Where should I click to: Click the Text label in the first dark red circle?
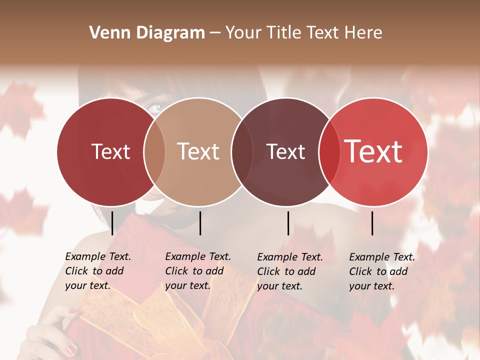tap(110, 152)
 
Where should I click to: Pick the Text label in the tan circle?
tap(198, 152)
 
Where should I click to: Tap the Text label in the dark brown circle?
tap(285, 152)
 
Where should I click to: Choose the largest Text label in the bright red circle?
tap(373, 151)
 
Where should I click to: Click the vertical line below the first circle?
tap(112, 223)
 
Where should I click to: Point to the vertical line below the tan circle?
tap(200, 223)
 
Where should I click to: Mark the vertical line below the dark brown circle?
tap(288, 223)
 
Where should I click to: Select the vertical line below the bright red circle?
tap(372, 223)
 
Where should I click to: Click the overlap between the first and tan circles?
tap(154, 152)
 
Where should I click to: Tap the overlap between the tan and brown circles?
tap(242, 152)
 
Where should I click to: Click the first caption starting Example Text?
tap(97, 271)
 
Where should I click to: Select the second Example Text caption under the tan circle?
tap(197, 271)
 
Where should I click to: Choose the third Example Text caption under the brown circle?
tap(289, 271)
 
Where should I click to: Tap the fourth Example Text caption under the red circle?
tap(381, 271)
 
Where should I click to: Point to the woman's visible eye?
tap(156, 107)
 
